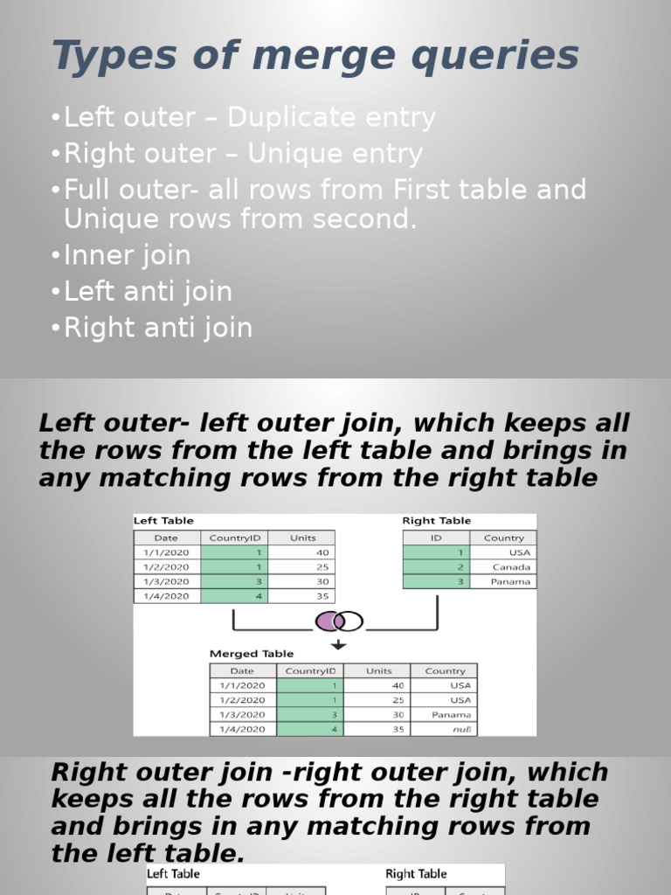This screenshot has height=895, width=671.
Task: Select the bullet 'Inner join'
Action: tap(127, 255)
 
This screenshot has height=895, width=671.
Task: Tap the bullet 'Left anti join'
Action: tap(148, 291)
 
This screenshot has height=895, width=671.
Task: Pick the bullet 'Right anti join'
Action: tap(158, 328)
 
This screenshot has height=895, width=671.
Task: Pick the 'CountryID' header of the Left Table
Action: tap(234, 538)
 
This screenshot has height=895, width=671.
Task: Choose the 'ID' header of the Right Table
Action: tap(436, 538)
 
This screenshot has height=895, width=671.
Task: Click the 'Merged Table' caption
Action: tap(252, 654)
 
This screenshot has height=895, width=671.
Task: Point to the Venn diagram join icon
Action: tap(338, 621)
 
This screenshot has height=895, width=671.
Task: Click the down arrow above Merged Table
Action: tap(338, 645)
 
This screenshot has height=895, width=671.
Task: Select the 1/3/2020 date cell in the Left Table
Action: tap(167, 581)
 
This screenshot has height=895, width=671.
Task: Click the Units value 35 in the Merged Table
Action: tap(378, 729)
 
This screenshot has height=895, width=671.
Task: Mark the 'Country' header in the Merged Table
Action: tap(445, 670)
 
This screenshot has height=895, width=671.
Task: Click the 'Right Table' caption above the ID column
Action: tap(437, 521)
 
